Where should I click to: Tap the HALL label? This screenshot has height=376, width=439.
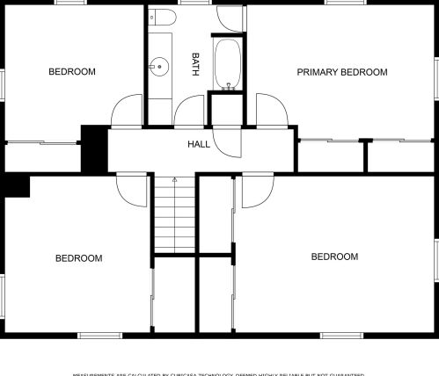point(199,143)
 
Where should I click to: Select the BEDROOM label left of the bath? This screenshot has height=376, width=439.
point(71,72)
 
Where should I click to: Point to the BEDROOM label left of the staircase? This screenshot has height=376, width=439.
point(103,258)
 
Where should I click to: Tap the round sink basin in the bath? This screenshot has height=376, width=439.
point(159,65)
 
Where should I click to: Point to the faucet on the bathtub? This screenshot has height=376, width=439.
point(229,86)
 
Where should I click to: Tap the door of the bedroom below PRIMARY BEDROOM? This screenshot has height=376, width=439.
point(258,187)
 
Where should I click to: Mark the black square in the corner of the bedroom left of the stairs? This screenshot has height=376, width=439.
point(17,185)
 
